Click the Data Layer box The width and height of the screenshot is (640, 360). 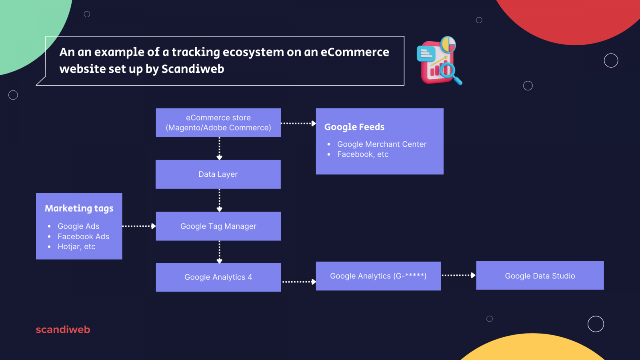218,174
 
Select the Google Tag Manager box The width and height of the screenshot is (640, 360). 218,226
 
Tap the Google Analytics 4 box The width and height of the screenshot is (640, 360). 218,277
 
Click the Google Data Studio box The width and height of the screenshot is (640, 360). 540,276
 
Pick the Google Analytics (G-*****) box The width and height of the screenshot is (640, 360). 378,276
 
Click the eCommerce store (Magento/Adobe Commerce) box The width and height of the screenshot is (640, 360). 218,123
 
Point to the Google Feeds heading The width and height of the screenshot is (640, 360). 354,127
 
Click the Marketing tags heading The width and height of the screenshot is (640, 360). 79,208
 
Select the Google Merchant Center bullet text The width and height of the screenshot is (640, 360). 382,144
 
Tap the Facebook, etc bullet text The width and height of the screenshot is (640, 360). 363,154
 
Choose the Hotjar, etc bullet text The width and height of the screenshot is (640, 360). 76,247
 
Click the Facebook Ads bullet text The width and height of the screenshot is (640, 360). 83,237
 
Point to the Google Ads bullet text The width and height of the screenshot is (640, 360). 78,226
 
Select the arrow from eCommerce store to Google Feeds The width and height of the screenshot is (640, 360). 298,124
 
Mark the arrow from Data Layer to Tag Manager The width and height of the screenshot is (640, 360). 219,200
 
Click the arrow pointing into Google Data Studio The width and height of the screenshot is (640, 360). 458,275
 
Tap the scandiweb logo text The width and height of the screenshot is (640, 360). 63,330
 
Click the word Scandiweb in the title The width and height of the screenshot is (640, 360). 193,69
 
